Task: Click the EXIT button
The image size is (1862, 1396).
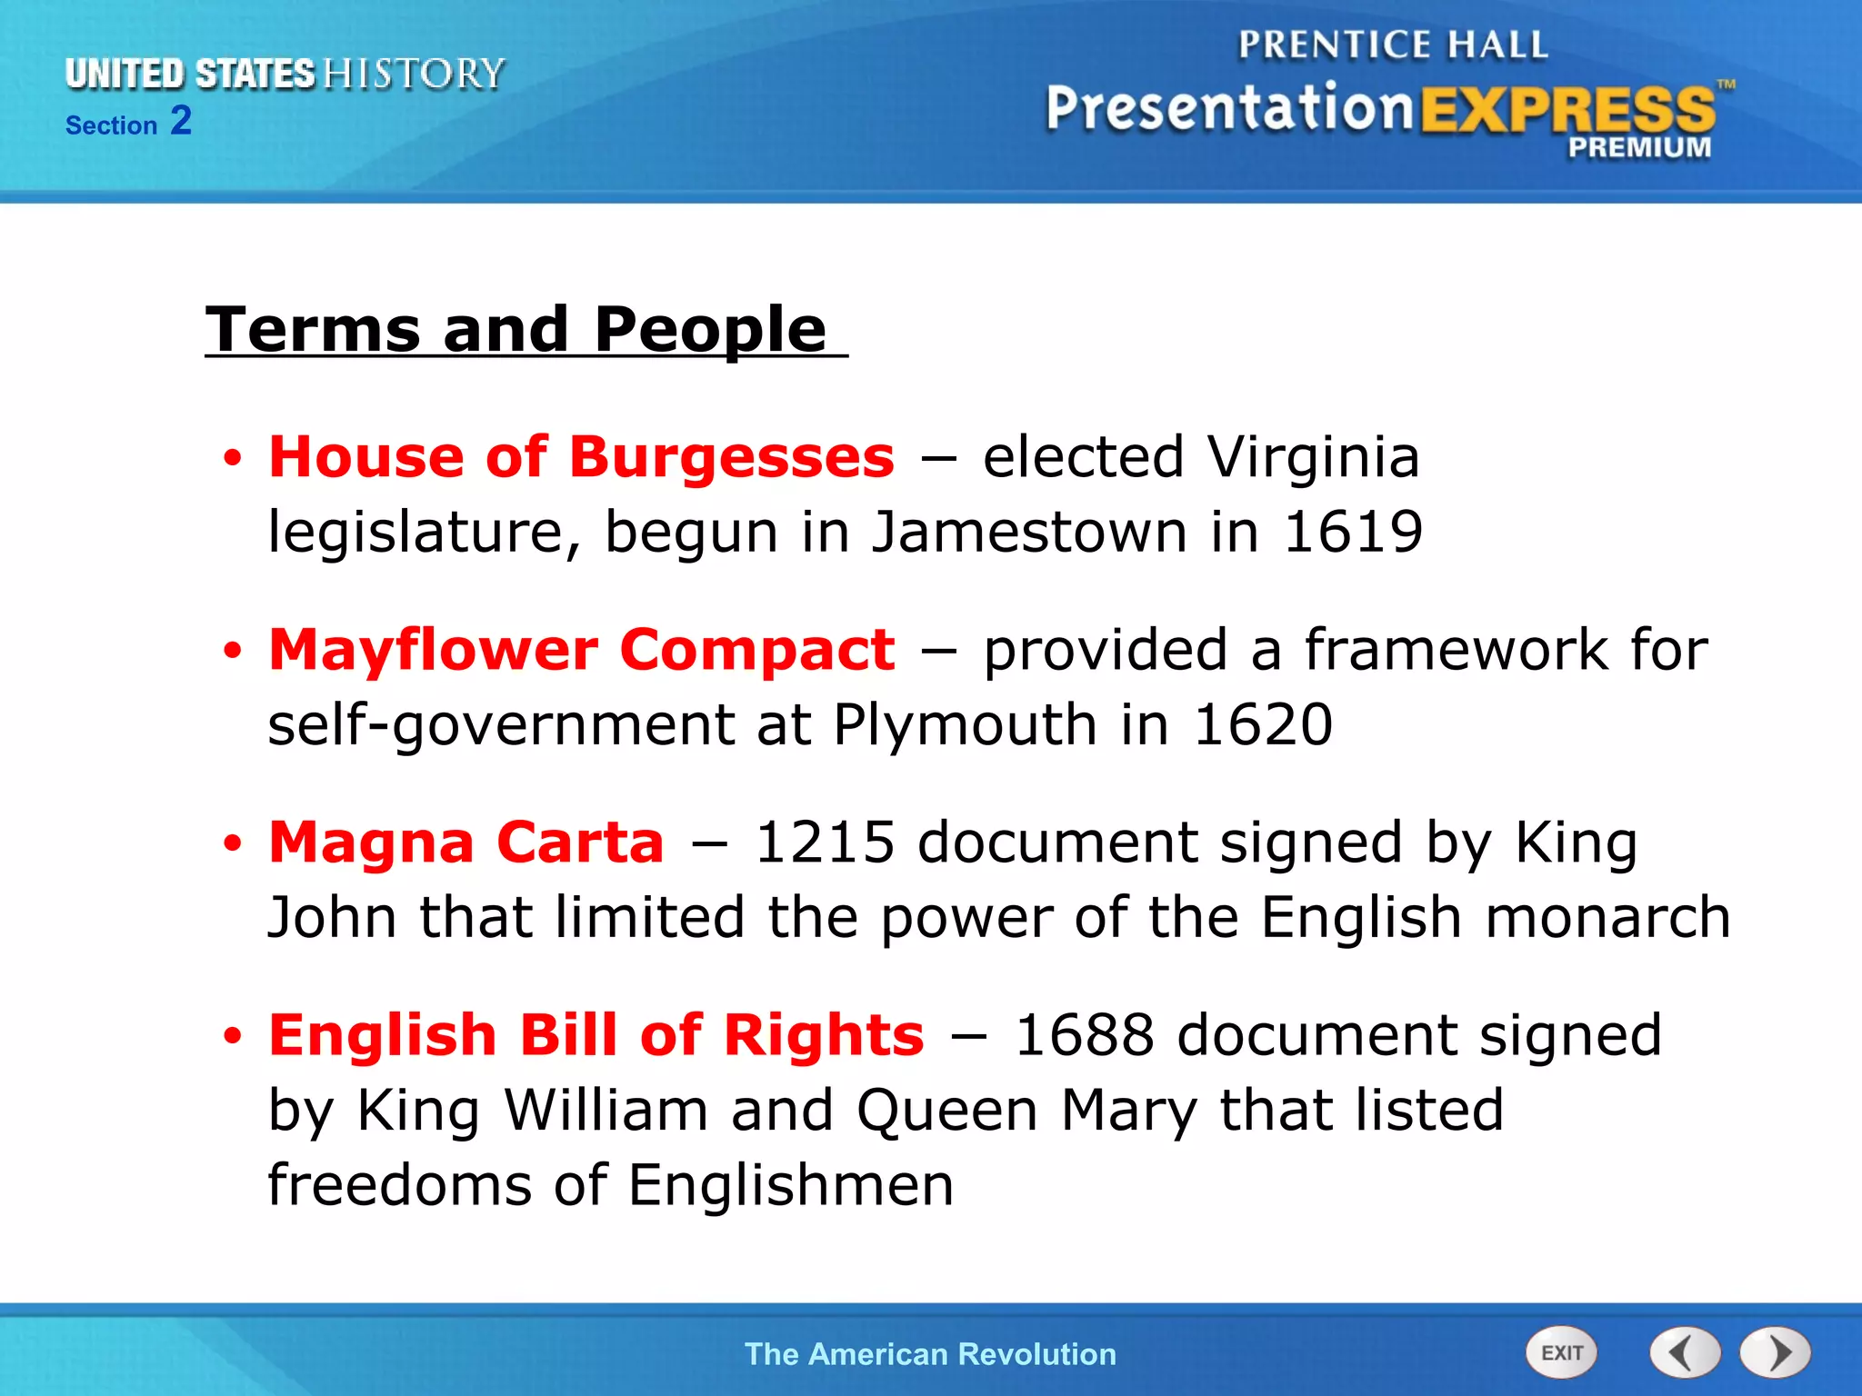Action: pyautogui.click(x=1561, y=1353)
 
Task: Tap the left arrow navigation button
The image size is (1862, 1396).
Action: pyautogui.click(x=1685, y=1353)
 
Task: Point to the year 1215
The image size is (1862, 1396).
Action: pyautogui.click(x=826, y=843)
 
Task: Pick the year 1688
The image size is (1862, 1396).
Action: pyautogui.click(x=1085, y=1035)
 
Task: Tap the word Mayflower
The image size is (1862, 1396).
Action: pyautogui.click(x=434, y=650)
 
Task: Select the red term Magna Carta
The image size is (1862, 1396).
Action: pyautogui.click(x=466, y=843)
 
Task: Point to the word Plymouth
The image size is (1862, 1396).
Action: pyautogui.click(x=965, y=726)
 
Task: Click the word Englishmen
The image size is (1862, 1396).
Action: pyautogui.click(x=791, y=1185)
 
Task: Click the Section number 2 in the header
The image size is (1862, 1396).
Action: pyautogui.click(x=181, y=121)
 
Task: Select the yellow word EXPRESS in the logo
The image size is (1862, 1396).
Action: pyautogui.click(x=1567, y=110)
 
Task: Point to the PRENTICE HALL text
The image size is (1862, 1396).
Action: pyautogui.click(x=1393, y=45)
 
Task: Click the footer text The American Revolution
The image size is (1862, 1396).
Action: pyautogui.click(x=930, y=1354)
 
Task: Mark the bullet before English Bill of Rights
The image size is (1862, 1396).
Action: pyautogui.click(x=234, y=1036)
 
